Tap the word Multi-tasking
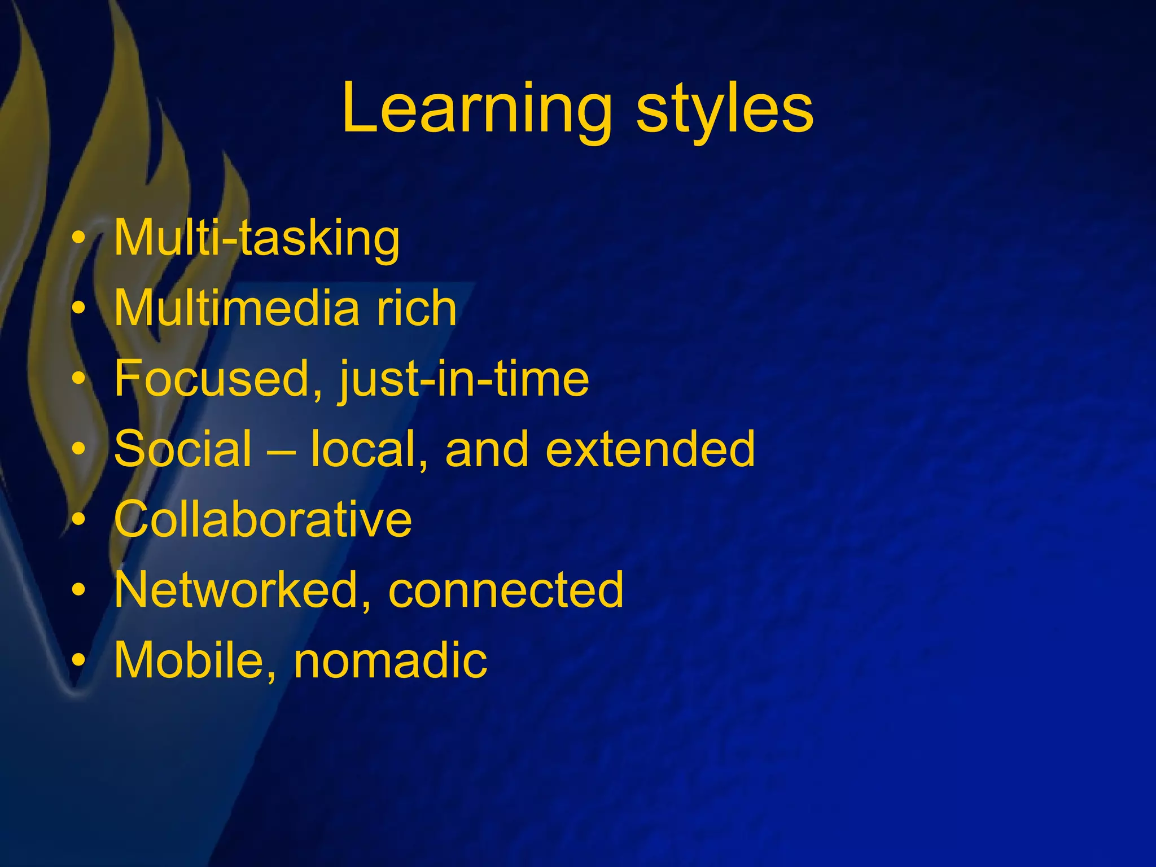coord(257,238)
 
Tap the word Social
coord(183,449)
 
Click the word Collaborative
coord(263,519)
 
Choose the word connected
coord(506,589)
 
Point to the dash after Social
coord(281,450)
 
